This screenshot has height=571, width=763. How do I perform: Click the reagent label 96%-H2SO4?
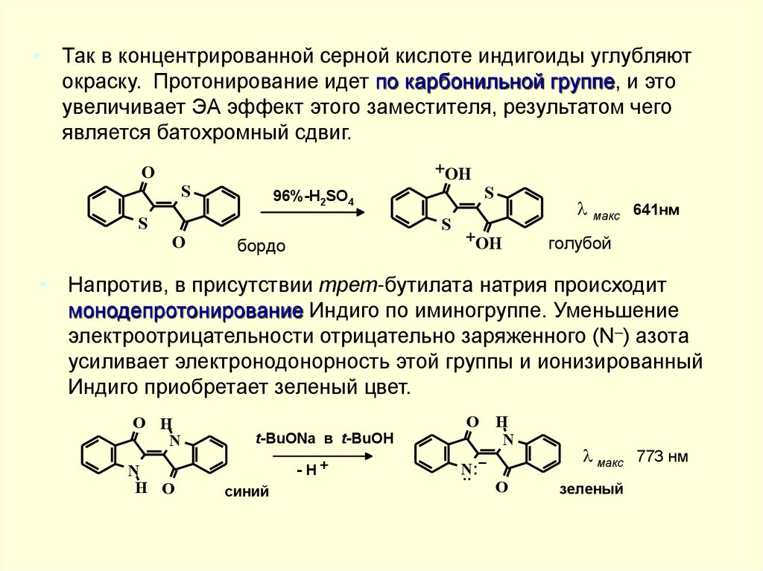tap(312, 197)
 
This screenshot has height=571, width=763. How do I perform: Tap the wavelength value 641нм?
tap(656, 210)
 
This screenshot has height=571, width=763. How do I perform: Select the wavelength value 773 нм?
tap(662, 456)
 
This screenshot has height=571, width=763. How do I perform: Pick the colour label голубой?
tap(580, 243)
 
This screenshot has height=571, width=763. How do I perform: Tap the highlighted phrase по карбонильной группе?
tap(496, 82)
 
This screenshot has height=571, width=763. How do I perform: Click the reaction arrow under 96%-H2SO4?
tap(312, 213)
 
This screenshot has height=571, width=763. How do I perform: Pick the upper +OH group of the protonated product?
tap(452, 173)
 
